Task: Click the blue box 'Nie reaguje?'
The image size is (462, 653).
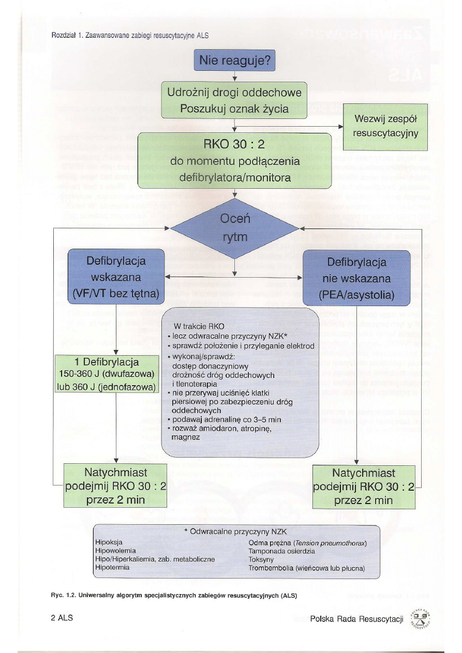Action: point(234,61)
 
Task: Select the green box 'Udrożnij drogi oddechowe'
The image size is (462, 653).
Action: point(234,100)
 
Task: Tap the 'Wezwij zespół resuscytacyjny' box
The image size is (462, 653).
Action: point(385,126)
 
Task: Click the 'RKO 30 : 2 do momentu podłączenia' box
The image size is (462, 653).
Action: point(234,161)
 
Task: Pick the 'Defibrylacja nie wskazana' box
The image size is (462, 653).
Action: point(356,278)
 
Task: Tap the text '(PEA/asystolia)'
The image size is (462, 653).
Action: point(356,295)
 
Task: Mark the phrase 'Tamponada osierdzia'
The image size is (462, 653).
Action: point(281,551)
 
